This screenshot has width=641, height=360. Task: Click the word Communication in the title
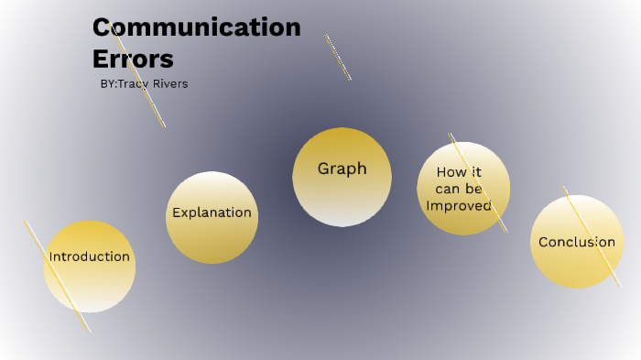[x=196, y=27]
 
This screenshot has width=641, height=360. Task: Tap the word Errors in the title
[x=133, y=59]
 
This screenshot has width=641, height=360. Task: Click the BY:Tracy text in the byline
[x=127, y=84]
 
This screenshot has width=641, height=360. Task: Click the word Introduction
[x=89, y=256]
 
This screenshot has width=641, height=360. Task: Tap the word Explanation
[x=212, y=213]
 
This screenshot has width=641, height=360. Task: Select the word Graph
[x=342, y=169]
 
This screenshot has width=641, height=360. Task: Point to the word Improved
[x=459, y=205]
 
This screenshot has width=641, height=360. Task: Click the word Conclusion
[x=577, y=242]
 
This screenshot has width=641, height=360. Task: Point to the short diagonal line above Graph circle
[x=337, y=57]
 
